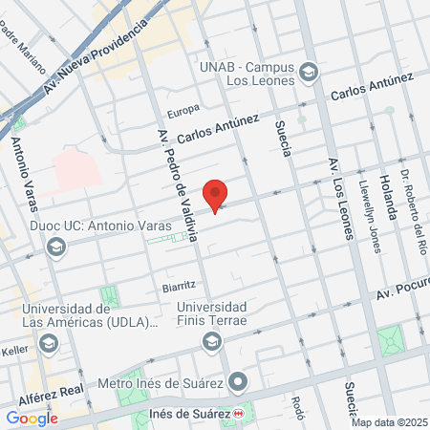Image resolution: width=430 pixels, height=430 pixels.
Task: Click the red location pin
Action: tap(217, 194)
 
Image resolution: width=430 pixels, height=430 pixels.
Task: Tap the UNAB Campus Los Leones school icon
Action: tap(309, 72)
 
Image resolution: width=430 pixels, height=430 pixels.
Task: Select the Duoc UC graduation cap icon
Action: tap(56, 247)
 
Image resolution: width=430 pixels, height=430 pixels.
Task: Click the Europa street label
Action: tap(183, 110)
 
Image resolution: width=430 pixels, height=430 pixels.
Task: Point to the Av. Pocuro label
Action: tap(401, 290)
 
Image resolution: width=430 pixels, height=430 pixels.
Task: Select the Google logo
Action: tap(32, 418)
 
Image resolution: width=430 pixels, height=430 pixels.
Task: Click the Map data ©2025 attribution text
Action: tap(389, 422)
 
